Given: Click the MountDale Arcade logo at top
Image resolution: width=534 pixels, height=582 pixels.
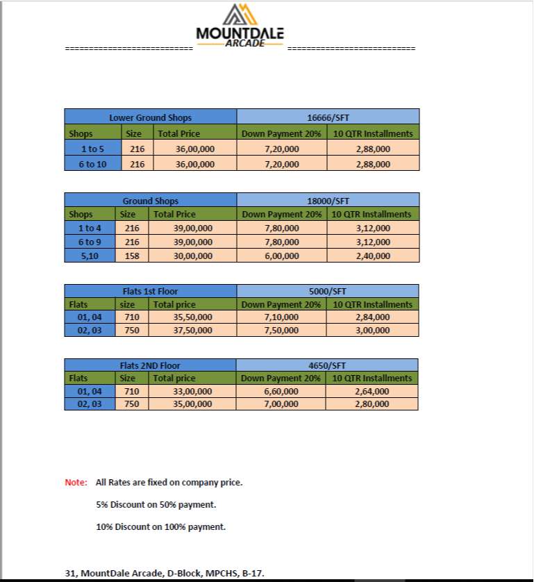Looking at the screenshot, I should pos(240,26).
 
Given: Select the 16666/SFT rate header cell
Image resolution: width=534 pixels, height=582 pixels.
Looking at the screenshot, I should pos(328,117).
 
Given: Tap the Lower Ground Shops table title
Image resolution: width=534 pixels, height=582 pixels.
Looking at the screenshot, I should pos(150,117).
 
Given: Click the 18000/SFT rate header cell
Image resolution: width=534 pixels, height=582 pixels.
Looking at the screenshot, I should pos(328,201).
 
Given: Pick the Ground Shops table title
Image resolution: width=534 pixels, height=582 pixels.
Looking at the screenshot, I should pos(150,201).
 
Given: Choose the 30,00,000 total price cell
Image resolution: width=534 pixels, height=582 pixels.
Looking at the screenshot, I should pos(193,256).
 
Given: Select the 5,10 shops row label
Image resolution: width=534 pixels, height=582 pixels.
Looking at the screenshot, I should pos(90,256).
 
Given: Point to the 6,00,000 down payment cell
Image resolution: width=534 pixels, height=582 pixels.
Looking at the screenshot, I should pos(281,256).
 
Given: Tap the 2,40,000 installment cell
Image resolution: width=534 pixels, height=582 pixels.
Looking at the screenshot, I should pos(372,256).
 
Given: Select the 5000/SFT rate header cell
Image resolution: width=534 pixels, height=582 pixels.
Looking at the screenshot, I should pos(327,291).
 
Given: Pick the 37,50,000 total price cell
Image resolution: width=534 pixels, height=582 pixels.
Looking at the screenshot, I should pos(192,331).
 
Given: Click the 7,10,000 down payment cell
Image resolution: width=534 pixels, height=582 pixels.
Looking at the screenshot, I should pos(281,317).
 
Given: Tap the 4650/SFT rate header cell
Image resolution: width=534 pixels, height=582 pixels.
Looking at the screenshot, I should pos(327,365).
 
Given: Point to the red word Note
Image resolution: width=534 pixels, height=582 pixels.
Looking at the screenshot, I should pos(76,482).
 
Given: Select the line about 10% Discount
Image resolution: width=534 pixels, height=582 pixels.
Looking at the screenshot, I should pos(160,527).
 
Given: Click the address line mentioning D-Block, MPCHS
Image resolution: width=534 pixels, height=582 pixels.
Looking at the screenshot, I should pos(165,573).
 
